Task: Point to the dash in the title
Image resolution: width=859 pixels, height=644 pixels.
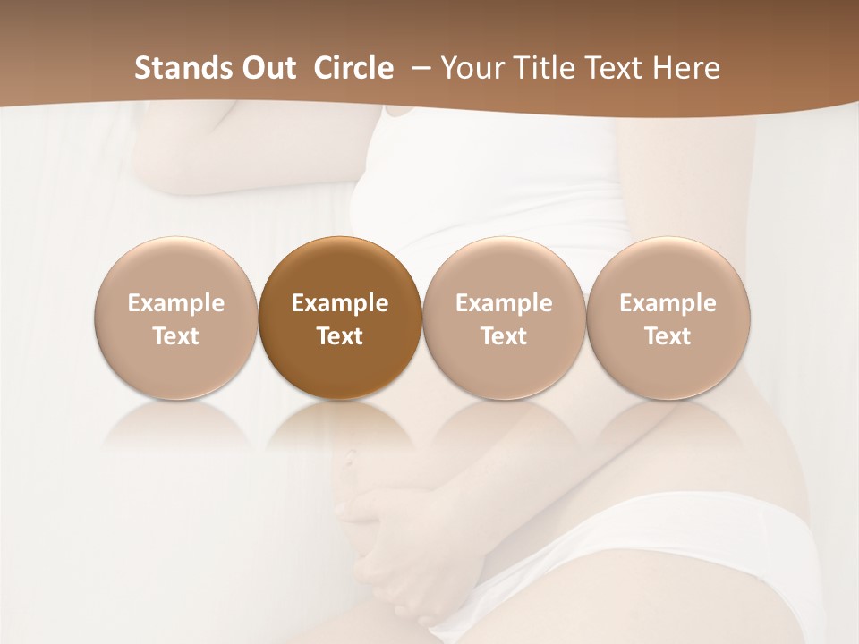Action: point(416,68)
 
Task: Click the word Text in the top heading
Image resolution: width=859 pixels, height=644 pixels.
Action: point(617,68)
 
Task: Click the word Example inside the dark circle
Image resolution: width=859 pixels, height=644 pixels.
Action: point(340,303)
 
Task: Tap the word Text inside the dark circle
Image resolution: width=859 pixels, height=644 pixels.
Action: point(340,336)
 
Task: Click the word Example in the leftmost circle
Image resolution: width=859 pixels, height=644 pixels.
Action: point(175,303)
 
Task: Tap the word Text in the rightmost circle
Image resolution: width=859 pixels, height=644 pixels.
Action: point(668,336)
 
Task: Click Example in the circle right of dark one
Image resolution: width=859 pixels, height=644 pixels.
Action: point(504,303)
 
